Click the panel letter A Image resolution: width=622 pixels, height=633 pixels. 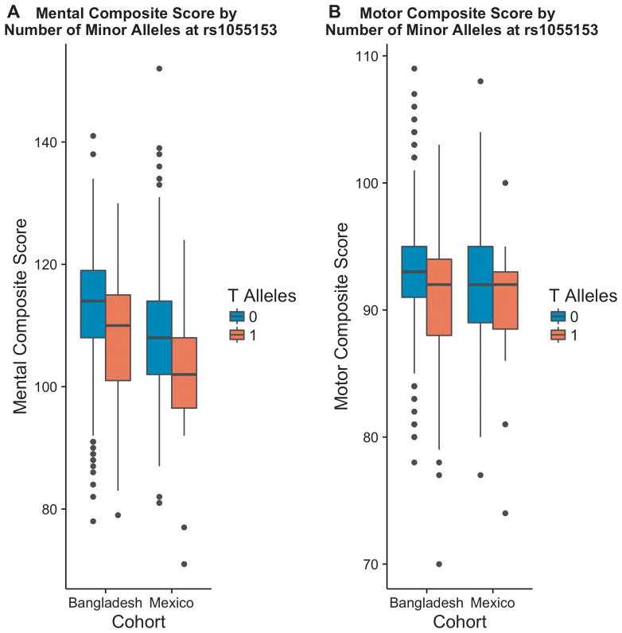pos(13,11)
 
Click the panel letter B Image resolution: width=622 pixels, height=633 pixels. pos(334,11)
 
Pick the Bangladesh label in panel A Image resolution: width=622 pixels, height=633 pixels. pos(105,603)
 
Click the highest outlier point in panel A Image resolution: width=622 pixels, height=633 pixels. pos(159,68)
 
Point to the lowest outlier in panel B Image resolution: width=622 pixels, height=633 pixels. pos(438,564)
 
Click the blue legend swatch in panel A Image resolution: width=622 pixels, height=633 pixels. pos(237,316)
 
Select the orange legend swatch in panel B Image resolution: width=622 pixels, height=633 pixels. pos(558,335)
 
